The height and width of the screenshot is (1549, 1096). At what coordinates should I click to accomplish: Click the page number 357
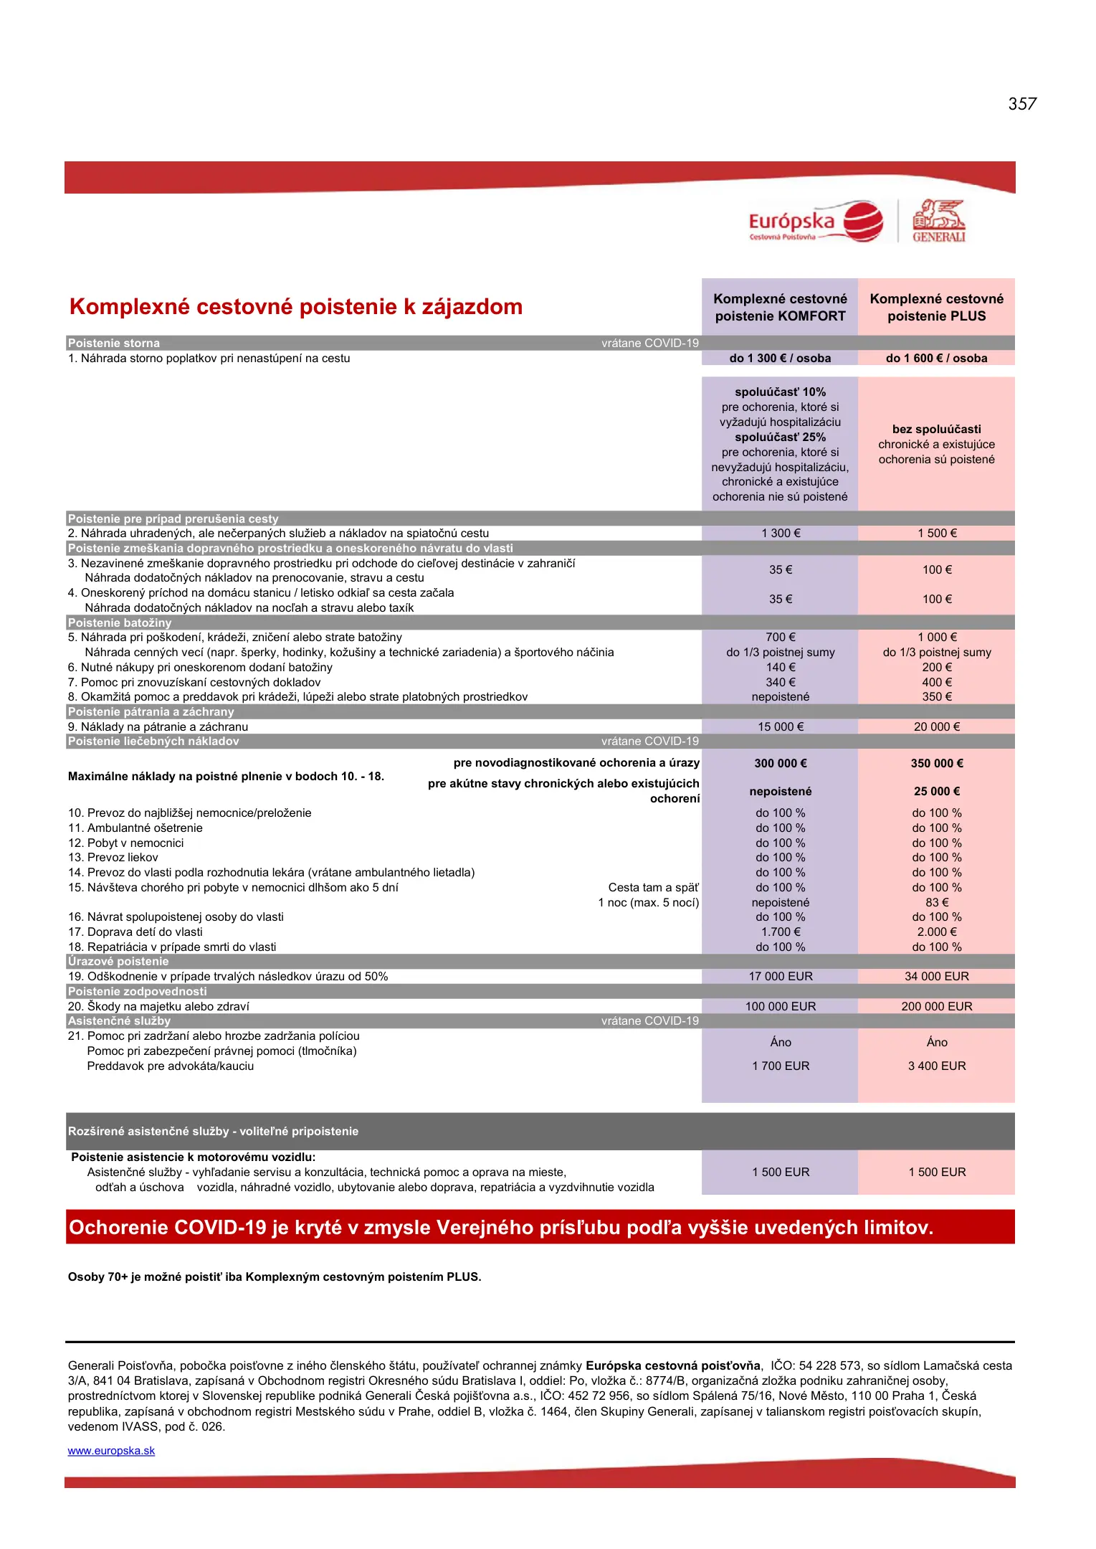(x=1021, y=104)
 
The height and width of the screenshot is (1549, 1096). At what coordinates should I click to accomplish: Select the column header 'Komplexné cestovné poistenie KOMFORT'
(x=780, y=308)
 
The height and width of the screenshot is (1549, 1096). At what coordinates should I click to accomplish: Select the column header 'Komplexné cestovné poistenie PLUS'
(x=936, y=308)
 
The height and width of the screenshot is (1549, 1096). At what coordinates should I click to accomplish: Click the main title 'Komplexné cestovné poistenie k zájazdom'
(x=295, y=307)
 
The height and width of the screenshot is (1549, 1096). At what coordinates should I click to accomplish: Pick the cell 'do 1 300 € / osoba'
(x=780, y=359)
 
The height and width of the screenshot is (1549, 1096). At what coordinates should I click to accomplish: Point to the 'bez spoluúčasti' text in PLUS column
(x=936, y=430)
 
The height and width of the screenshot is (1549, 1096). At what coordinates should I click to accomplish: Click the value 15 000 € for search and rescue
(x=781, y=727)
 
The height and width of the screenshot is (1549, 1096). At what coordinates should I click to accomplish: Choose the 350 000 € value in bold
(x=936, y=764)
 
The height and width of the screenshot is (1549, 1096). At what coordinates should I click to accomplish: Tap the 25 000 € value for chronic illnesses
(x=936, y=792)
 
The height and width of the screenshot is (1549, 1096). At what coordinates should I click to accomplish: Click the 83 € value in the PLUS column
(x=936, y=903)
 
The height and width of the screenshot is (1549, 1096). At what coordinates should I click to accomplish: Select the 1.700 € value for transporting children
(x=781, y=932)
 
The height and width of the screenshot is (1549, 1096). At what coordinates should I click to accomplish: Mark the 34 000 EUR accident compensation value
(x=936, y=977)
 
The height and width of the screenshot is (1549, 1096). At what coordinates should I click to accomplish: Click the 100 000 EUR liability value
(x=781, y=1007)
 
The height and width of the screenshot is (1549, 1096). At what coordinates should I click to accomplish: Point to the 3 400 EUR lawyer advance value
(x=936, y=1066)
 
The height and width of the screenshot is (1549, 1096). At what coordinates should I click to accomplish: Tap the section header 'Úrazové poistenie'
(x=118, y=962)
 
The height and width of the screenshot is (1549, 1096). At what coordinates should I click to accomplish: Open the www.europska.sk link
(x=111, y=1451)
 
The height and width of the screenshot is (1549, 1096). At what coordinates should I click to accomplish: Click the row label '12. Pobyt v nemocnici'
(x=125, y=843)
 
